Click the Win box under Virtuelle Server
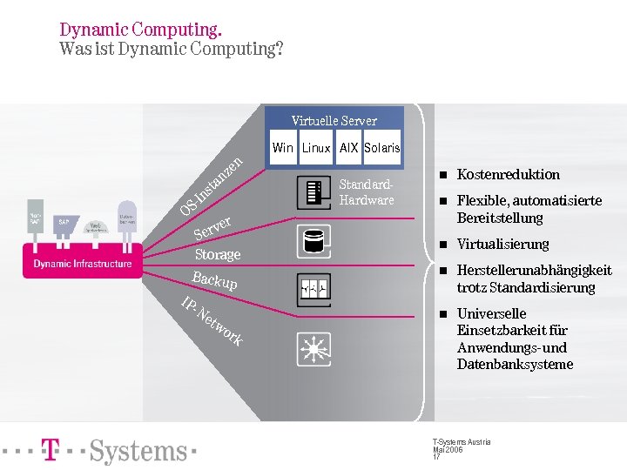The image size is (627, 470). point(283,147)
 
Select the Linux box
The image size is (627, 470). point(316,147)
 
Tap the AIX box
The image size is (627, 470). point(348,147)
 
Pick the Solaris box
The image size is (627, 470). point(382,147)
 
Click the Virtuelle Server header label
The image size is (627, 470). point(334,121)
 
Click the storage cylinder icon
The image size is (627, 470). point(313,241)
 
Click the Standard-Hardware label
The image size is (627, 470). point(366,192)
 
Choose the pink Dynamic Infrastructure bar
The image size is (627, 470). point(83,264)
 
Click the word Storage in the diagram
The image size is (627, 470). point(218,255)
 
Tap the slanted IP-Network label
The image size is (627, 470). point(212,322)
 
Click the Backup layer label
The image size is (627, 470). point(214,280)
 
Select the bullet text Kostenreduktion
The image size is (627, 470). point(508,174)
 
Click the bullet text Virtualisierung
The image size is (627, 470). point(502,244)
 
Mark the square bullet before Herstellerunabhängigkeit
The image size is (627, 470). point(443,271)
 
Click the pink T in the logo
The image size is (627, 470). point(51,450)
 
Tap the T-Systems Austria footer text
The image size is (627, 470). point(461,442)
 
